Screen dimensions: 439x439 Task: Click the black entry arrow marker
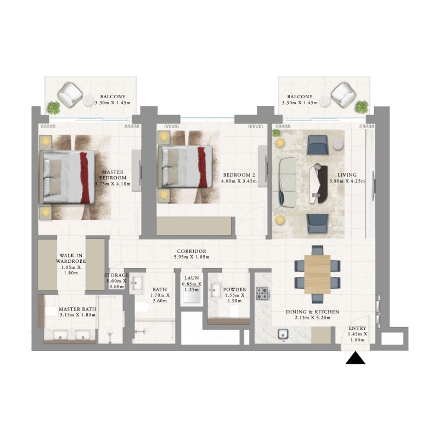click(x=356, y=358)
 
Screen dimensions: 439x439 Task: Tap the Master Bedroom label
click(x=114, y=178)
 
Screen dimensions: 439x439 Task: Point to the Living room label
click(x=347, y=178)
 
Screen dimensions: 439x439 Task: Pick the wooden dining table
click(x=317, y=274)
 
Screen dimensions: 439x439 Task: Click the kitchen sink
click(x=284, y=335)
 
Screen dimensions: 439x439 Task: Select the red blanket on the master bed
click(x=85, y=178)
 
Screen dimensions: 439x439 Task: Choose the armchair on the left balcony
click(x=70, y=95)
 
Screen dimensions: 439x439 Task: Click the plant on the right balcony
click(x=361, y=106)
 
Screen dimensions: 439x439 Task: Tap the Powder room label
click(x=234, y=293)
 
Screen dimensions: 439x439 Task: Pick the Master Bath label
click(x=77, y=312)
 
